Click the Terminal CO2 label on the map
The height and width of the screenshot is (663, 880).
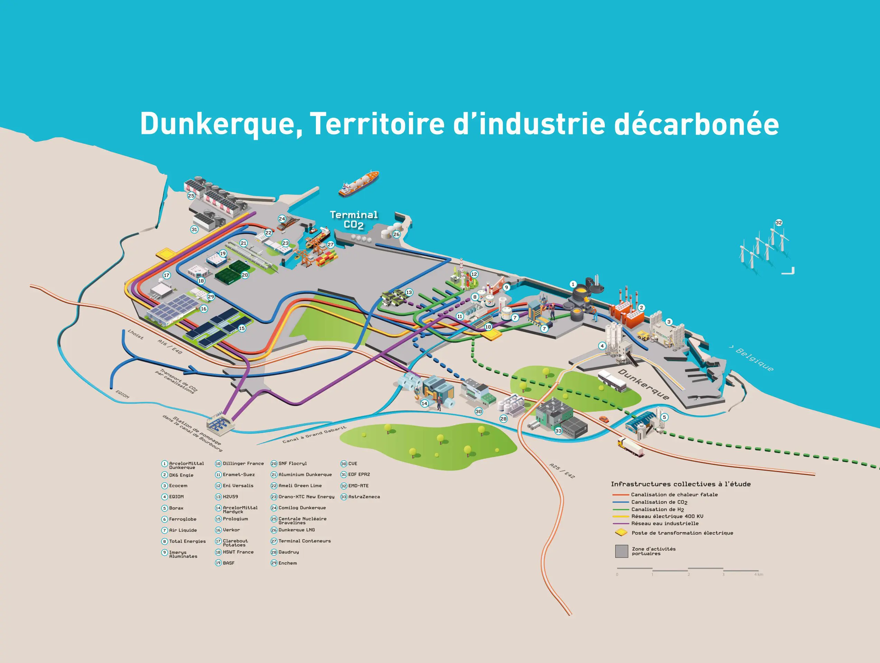click(354, 220)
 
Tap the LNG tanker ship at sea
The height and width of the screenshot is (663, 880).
click(358, 183)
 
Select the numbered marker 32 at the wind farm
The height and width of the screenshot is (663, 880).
click(778, 223)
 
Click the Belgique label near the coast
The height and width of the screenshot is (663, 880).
click(754, 359)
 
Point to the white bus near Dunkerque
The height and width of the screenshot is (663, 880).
click(612, 381)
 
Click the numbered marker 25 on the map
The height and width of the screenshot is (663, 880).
click(191, 195)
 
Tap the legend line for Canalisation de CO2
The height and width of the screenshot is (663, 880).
click(620, 502)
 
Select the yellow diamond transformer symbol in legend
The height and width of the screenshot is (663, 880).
click(621, 532)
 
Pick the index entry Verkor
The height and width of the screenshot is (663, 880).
click(231, 530)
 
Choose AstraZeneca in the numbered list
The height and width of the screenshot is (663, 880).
click(364, 497)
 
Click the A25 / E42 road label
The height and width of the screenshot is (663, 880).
click(562, 471)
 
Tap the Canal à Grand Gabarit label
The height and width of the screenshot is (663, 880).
click(314, 435)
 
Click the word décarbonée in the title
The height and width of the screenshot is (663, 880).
click(696, 124)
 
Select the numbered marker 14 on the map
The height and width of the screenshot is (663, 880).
click(424, 403)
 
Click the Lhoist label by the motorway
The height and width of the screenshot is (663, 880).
click(135, 334)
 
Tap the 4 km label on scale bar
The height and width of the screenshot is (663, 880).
click(758, 574)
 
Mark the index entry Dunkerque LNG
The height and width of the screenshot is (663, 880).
click(296, 530)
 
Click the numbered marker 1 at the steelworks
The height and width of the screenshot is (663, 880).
click(573, 284)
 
